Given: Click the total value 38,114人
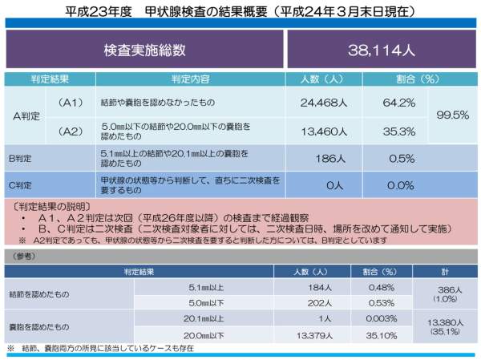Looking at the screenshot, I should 381,50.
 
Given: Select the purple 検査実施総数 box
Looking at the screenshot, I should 145,50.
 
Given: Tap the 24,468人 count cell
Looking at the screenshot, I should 323,103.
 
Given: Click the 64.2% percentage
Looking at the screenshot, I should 398,103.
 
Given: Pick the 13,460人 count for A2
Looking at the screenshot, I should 323,131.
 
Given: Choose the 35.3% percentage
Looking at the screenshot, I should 398,131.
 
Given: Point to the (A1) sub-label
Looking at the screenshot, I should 71,103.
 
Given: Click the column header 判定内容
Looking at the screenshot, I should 190,79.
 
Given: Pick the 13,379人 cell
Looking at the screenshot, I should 315,336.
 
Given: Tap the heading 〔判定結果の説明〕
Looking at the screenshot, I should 47,207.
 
